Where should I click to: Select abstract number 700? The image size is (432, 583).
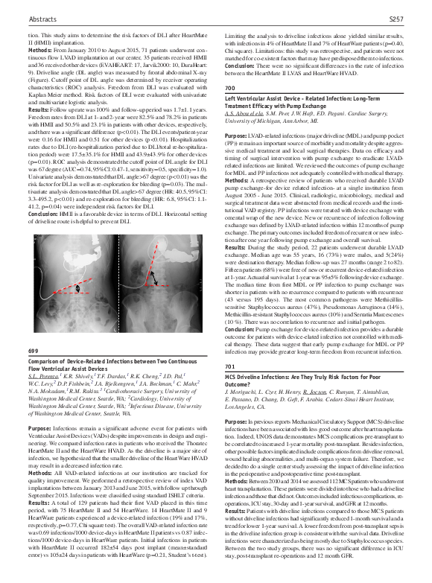(230, 109)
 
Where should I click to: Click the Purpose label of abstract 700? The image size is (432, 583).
(237, 156)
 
